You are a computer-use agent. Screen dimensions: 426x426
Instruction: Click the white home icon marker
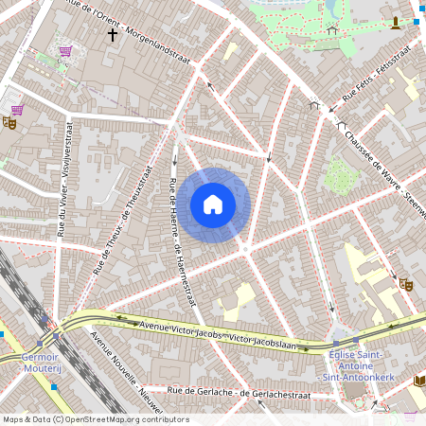(x=213, y=204)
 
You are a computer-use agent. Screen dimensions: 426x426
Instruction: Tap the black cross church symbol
(x=113, y=35)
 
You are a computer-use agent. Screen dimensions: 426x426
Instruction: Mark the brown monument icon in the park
(x=395, y=22)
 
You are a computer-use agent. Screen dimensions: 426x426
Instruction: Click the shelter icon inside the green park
(x=331, y=29)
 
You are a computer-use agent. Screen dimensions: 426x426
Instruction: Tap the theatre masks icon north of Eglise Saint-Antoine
(x=406, y=283)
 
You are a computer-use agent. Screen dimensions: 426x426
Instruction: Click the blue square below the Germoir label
(x=53, y=385)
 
